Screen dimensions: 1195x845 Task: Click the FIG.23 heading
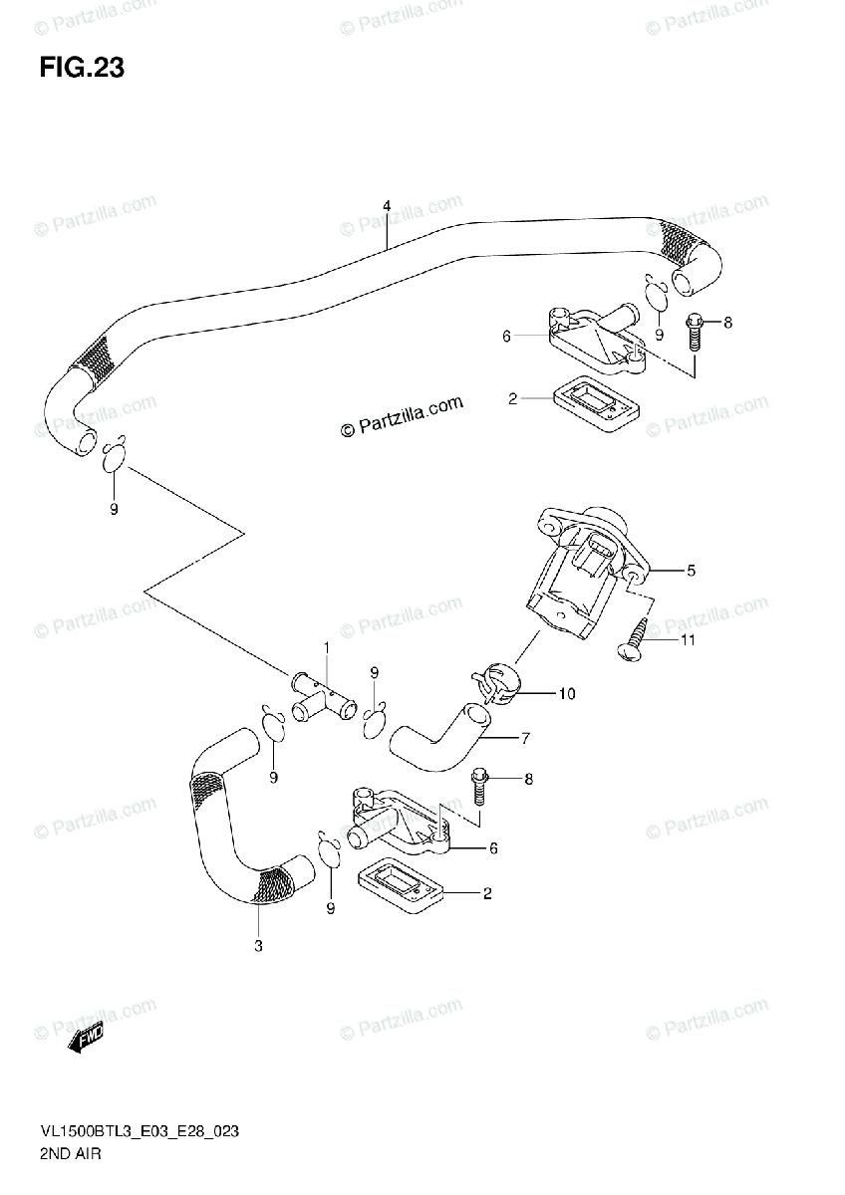(82, 69)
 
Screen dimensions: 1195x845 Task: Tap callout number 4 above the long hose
(386, 207)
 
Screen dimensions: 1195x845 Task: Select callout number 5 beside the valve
(691, 571)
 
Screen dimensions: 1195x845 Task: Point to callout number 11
(687, 640)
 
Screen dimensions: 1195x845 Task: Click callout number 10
(566, 694)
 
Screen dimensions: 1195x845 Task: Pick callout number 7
(524, 738)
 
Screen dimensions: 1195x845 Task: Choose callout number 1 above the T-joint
(326, 647)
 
